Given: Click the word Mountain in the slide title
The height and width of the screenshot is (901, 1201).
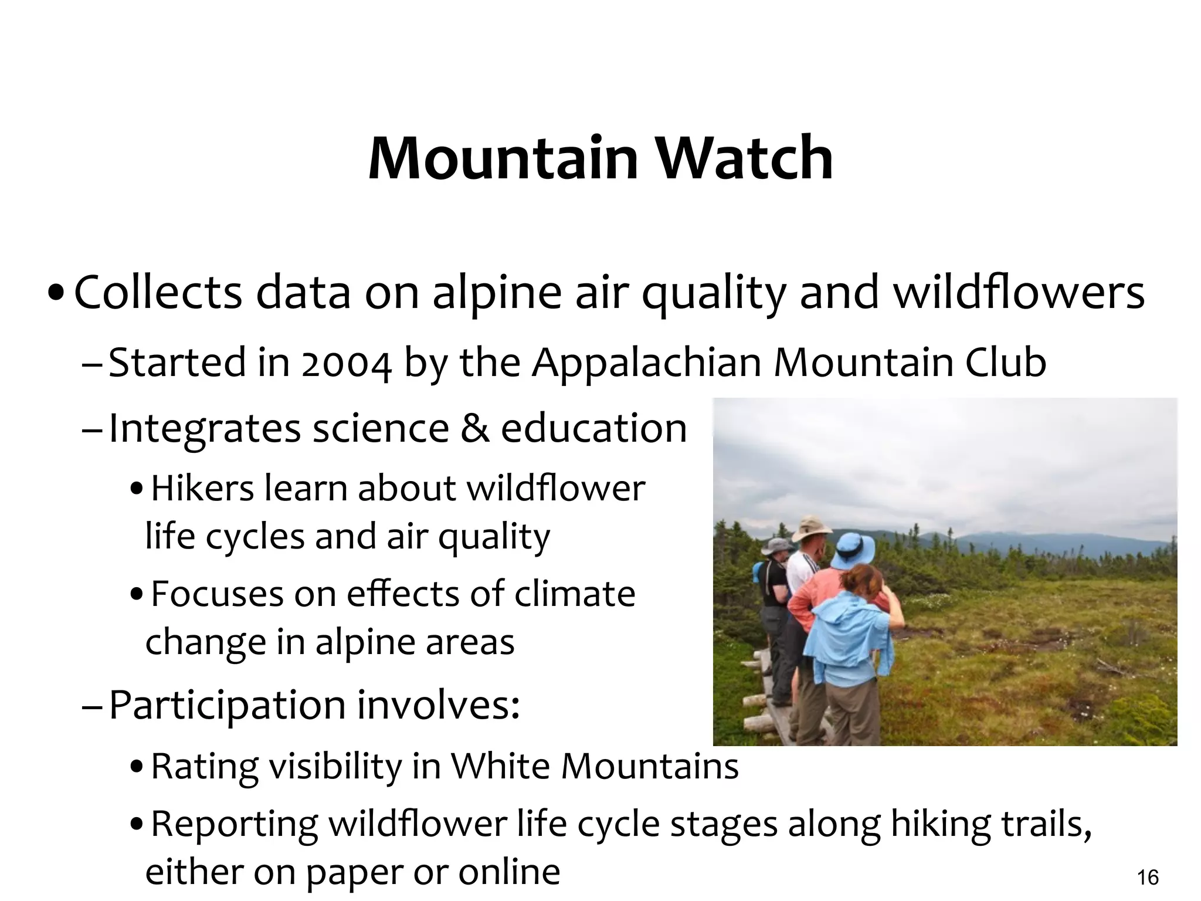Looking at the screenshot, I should [503, 158].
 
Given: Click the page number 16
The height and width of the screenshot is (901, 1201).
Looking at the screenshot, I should [1148, 878].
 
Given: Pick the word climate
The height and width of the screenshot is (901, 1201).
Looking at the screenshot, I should [575, 594].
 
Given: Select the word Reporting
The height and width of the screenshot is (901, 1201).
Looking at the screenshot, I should [234, 824].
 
